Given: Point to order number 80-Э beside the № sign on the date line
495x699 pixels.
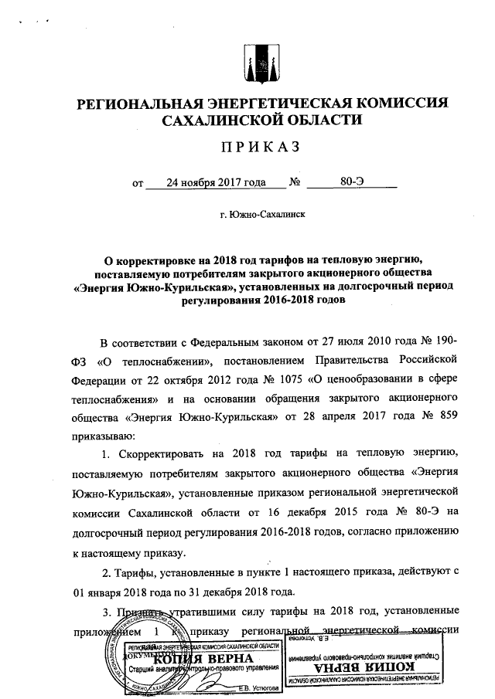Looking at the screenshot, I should tap(352, 183).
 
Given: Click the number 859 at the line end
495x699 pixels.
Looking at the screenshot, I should tap(448, 418).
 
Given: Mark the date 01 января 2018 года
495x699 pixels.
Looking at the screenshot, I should tap(124, 592).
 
